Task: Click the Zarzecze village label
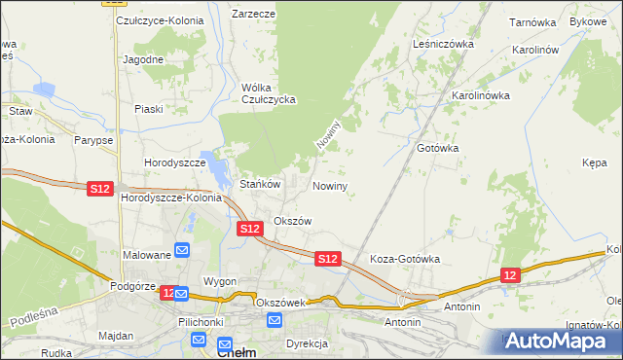[x=253, y=15]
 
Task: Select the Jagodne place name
[x=143, y=58]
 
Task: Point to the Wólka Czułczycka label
[x=268, y=93]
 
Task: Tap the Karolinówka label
[x=481, y=95]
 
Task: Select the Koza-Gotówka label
[x=406, y=260]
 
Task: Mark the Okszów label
[x=292, y=221]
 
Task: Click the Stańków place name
[x=260, y=184]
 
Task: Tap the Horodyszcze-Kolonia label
[x=172, y=198]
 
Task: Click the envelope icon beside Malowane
[x=182, y=252]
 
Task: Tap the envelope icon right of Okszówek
[x=274, y=320]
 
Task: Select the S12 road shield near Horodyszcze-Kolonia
[x=99, y=188]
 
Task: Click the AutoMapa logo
[x=559, y=342]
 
